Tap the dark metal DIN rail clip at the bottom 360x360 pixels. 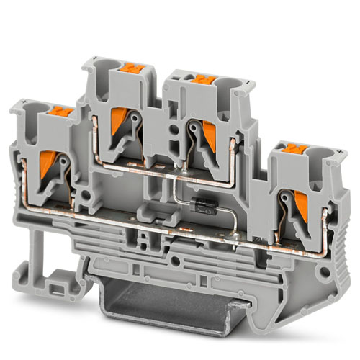[x=194, y=302]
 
